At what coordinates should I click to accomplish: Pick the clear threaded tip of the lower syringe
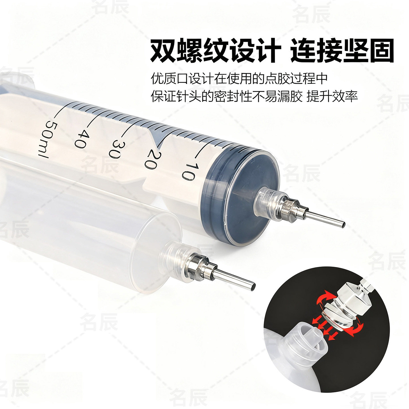pyautogui.click(x=173, y=253)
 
